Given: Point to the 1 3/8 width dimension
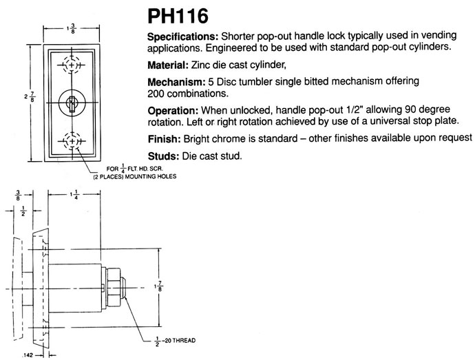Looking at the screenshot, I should point(71,30).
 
